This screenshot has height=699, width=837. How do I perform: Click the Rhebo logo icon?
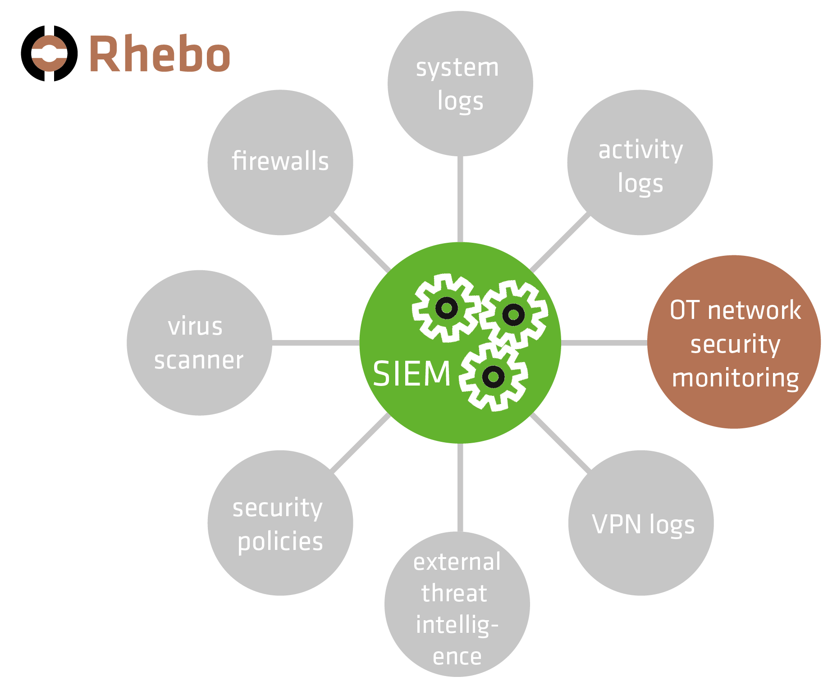49,54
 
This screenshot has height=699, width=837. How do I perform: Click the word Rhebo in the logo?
160,54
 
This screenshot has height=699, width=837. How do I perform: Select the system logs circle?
460,84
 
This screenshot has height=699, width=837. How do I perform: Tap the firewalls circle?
280,162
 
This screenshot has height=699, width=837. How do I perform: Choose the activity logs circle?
640,162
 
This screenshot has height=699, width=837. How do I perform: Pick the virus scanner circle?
199,343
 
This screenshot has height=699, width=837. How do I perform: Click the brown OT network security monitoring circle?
734,342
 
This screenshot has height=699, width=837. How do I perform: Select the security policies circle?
280,523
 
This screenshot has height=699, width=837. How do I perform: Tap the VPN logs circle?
641,523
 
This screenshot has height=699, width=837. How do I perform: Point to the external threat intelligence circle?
457,604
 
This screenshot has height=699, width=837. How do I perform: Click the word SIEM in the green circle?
412,374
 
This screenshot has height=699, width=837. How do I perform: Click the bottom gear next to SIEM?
493,376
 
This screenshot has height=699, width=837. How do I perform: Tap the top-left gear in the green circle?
446,308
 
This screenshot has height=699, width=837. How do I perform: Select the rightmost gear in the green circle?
513,314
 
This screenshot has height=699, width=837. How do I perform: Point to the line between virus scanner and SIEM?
316,343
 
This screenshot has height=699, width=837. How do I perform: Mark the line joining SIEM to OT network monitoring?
604,343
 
